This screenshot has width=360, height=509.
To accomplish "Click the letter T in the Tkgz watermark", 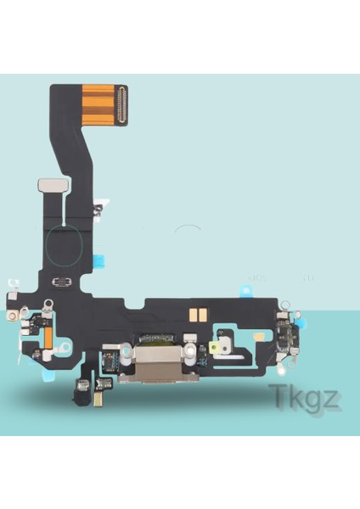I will [278, 394].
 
